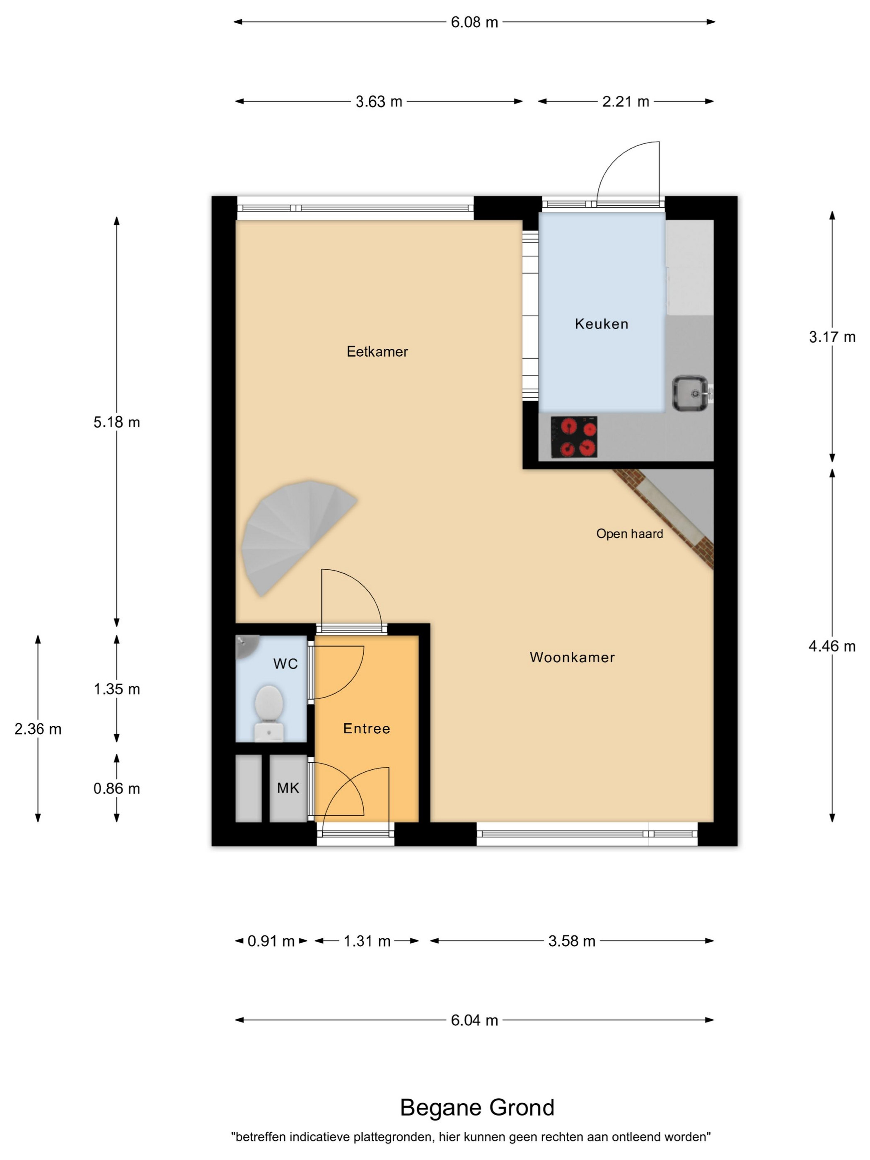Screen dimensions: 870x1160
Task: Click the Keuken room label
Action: tap(601, 324)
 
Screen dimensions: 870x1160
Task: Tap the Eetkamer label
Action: tap(377, 351)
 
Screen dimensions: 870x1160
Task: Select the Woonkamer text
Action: tap(572, 657)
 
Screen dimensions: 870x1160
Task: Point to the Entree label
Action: tap(367, 728)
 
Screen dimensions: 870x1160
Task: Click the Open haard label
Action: tap(629, 534)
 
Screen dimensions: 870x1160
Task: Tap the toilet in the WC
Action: tap(269, 713)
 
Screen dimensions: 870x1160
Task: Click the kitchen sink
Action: tap(690, 393)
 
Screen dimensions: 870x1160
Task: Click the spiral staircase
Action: tap(294, 535)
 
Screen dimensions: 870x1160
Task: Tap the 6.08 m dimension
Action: tap(474, 22)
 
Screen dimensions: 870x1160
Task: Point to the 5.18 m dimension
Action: tap(116, 422)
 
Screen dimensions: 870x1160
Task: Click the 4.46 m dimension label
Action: tap(832, 646)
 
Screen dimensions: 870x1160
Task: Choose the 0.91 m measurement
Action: tap(271, 941)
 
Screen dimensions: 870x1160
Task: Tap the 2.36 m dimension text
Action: tap(38, 729)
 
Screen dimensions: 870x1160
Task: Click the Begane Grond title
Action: tap(477, 1107)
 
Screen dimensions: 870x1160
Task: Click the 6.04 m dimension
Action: tap(474, 1020)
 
